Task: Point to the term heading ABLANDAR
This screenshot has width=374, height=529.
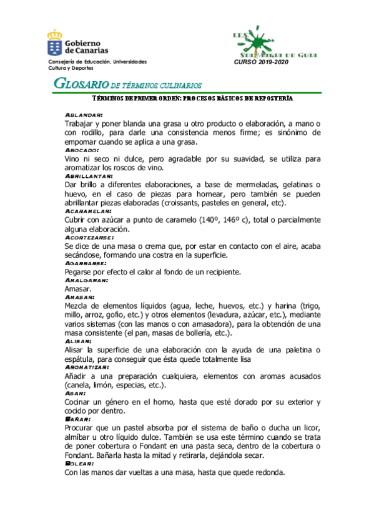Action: pyautogui.click(x=84, y=115)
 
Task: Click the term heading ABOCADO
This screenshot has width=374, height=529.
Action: pyautogui.click(x=82, y=150)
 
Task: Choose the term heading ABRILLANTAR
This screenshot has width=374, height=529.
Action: pyautogui.click(x=89, y=177)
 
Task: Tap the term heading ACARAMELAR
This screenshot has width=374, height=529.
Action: pyautogui.click(x=88, y=211)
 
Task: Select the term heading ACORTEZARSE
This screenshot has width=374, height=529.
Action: pyautogui.click(x=89, y=238)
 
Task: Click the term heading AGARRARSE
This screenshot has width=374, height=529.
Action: pyautogui.click(x=86, y=263)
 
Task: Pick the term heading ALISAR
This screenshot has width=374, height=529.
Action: pyautogui.click(x=79, y=342)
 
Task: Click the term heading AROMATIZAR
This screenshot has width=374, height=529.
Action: pyautogui.click(x=87, y=368)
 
